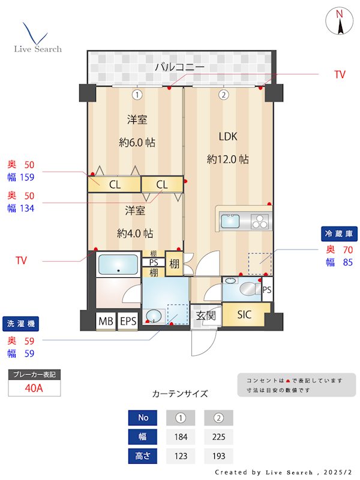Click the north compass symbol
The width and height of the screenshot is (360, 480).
click(340, 22)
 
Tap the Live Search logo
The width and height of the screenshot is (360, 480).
click(37, 38)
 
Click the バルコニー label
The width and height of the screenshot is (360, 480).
click(180, 67)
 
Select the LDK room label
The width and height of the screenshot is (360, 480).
click(228, 137)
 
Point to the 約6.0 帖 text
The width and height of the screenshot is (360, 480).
click(137, 143)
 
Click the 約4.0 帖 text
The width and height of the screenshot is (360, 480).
click(136, 233)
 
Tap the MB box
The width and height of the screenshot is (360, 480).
click(106, 322)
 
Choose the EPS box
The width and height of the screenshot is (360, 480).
click(128, 322)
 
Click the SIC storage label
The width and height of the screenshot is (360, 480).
click(244, 314)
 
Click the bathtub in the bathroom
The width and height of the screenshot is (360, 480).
click(118, 265)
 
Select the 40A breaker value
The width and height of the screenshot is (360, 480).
click(34, 388)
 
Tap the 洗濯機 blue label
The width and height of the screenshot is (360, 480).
click(20, 324)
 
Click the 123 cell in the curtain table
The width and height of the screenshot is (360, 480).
click(181, 456)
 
